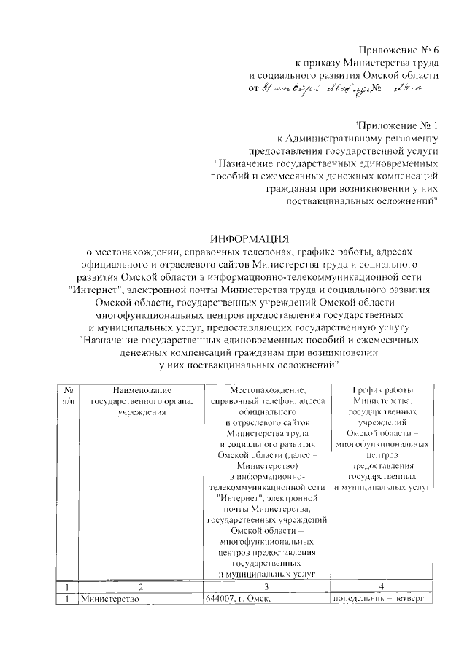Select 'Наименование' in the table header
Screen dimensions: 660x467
(x=141, y=391)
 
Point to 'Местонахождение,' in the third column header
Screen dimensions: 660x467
(x=267, y=391)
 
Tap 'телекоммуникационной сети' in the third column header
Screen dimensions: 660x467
(x=267, y=486)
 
